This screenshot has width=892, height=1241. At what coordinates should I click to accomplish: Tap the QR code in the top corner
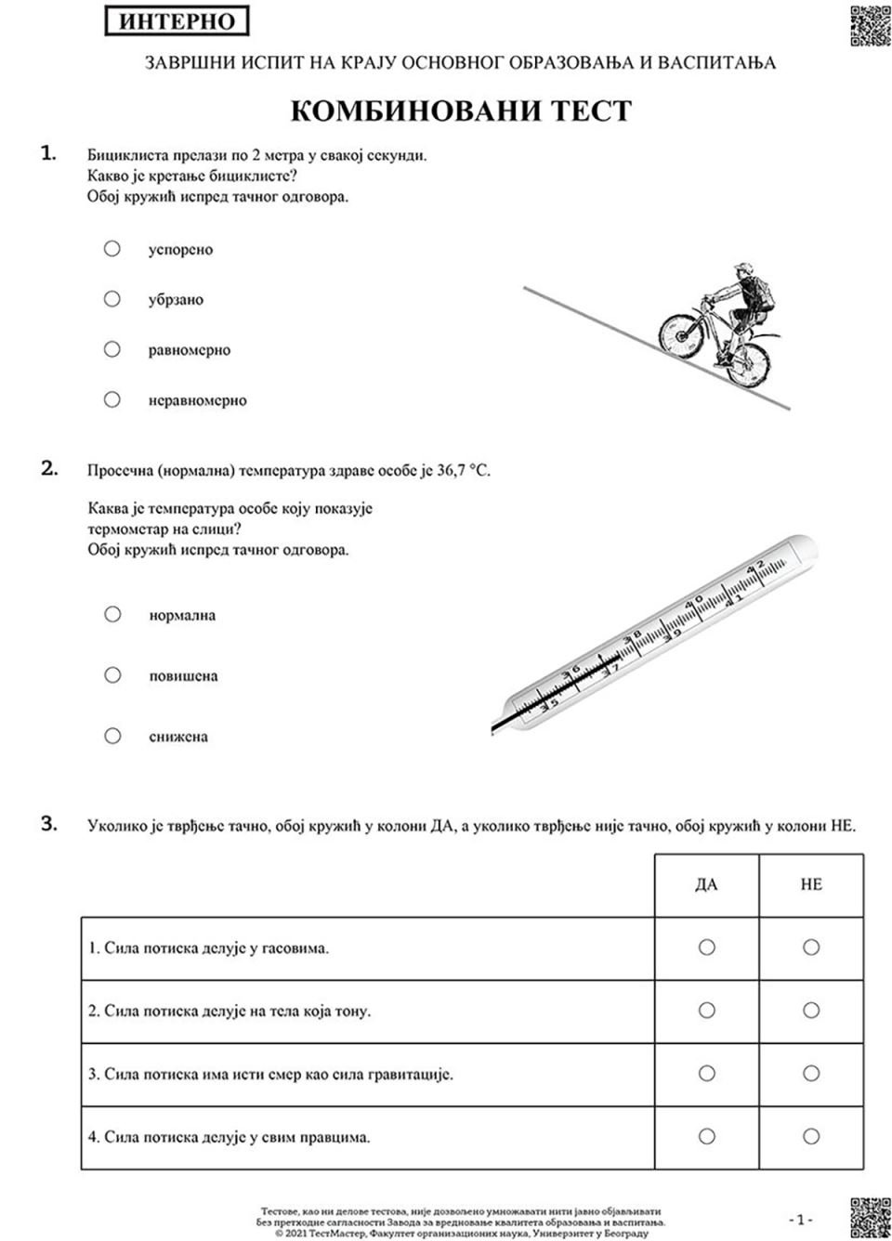[x=870, y=24]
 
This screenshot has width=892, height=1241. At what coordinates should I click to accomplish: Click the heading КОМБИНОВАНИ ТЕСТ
[x=461, y=111]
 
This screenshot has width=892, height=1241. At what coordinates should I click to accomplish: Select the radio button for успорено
[x=112, y=249]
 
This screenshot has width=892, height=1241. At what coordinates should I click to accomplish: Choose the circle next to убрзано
[x=112, y=299]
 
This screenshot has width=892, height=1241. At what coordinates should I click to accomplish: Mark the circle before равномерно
[x=112, y=349]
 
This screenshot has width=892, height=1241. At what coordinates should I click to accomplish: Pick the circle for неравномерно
[x=112, y=399]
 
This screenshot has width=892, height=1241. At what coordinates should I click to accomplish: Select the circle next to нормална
[x=112, y=614]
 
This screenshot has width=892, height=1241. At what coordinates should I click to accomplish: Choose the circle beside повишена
[x=112, y=675]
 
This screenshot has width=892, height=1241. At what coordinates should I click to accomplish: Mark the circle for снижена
[x=112, y=736]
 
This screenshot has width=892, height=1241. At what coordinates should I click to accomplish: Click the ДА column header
[x=706, y=884]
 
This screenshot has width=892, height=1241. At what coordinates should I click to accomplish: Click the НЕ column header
[x=811, y=884]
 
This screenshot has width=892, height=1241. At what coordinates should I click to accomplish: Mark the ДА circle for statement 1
[x=706, y=947]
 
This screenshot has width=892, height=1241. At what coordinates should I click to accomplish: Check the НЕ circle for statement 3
[x=811, y=1074]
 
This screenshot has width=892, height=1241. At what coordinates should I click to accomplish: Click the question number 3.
[x=49, y=823]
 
